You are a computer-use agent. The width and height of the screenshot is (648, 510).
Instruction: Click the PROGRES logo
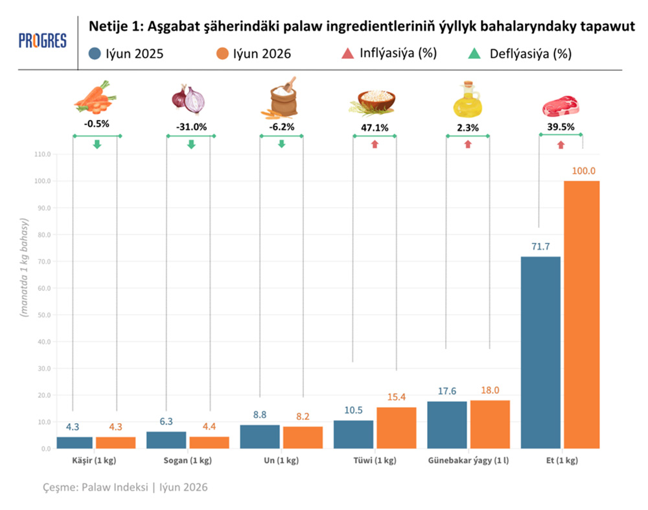(x=42, y=41)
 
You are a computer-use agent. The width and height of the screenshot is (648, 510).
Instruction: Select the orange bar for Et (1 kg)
(x=581, y=314)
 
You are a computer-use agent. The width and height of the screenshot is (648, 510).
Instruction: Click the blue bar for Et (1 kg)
(x=540, y=353)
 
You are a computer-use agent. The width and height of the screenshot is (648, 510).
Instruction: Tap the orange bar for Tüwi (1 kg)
(x=397, y=428)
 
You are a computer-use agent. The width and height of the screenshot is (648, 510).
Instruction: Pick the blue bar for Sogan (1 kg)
(x=166, y=440)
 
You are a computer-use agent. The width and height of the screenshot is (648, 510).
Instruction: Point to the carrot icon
(x=95, y=98)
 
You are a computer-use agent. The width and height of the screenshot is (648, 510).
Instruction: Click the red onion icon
(x=189, y=99)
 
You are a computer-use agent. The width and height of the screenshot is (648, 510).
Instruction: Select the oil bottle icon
(x=467, y=99)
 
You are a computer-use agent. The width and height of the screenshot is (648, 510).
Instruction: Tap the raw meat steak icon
(x=561, y=106)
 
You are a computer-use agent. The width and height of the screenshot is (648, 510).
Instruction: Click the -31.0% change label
(x=191, y=127)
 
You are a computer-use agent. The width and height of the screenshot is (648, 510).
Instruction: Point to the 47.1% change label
(x=375, y=128)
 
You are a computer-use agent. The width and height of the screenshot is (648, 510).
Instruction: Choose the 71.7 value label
(x=540, y=247)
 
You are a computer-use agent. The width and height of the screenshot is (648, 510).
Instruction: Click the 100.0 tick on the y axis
(x=43, y=181)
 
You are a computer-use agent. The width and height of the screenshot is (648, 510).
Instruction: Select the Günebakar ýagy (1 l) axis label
(x=469, y=460)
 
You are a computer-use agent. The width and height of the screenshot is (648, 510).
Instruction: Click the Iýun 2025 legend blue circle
(x=95, y=54)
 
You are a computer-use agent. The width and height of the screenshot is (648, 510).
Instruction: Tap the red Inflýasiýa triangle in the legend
(x=347, y=53)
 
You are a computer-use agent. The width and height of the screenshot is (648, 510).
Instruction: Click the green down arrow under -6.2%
(x=281, y=144)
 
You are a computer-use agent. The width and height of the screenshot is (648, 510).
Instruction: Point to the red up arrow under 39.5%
(x=561, y=145)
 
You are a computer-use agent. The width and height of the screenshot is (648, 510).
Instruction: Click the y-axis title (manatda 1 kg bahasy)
(x=25, y=268)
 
